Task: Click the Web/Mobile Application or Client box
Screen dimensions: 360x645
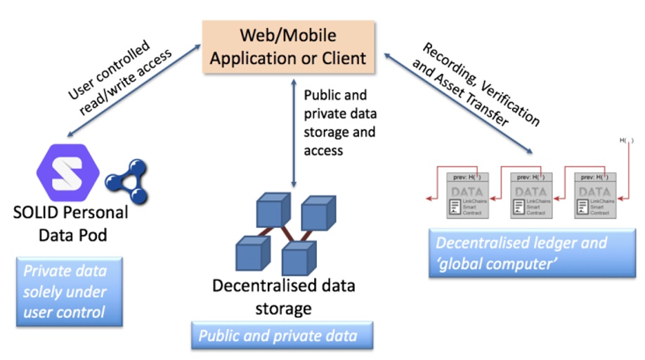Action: click(288, 46)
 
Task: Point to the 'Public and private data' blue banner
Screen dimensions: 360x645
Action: click(282, 335)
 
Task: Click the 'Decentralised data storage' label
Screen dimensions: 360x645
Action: click(284, 297)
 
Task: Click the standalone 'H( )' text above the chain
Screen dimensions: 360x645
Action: click(626, 141)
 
